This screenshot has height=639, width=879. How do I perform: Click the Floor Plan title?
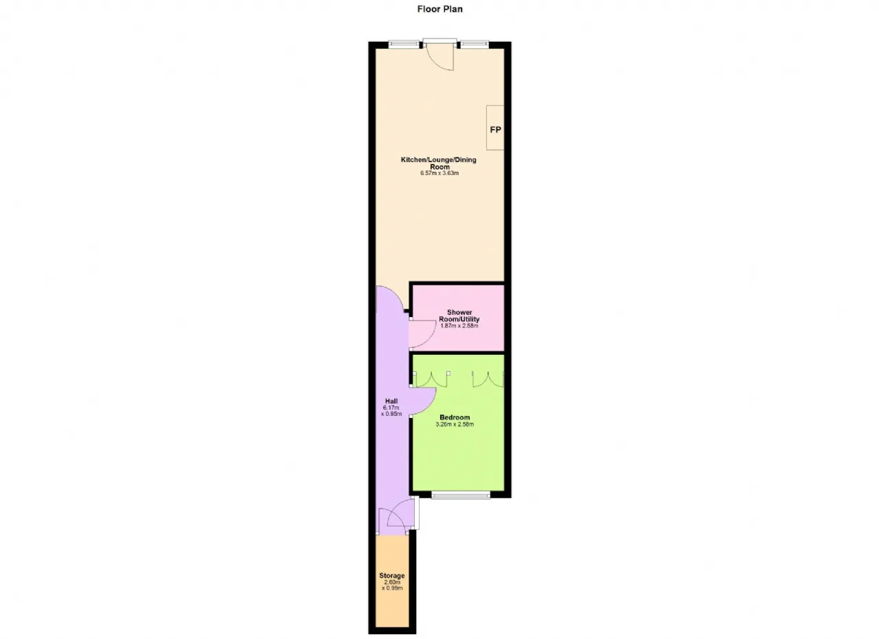[x=440, y=9]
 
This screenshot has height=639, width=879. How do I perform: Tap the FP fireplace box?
[x=495, y=128]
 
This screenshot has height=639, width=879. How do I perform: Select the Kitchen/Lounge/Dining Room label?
[x=439, y=163]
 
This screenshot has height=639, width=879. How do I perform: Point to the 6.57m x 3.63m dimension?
[x=439, y=173]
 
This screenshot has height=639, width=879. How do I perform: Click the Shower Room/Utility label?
[x=459, y=316]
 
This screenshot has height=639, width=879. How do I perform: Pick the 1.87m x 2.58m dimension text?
[x=459, y=325]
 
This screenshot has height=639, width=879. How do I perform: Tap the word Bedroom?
[x=455, y=417]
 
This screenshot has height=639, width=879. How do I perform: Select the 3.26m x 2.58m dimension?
[x=455, y=424]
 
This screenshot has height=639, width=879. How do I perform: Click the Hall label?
[x=391, y=402]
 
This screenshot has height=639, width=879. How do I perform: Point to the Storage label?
[x=392, y=576]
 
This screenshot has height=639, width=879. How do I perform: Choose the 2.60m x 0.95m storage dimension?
[x=392, y=585]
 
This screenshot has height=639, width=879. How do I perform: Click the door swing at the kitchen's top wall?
[x=440, y=57]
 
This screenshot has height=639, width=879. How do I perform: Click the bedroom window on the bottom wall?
[x=461, y=496]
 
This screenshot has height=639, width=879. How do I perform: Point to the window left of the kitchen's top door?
[x=404, y=45]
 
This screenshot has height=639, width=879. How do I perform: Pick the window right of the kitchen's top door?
[x=475, y=45]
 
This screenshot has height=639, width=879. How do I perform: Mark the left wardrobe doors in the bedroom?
[x=431, y=379]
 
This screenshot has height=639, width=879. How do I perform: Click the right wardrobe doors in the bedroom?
[x=488, y=379]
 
